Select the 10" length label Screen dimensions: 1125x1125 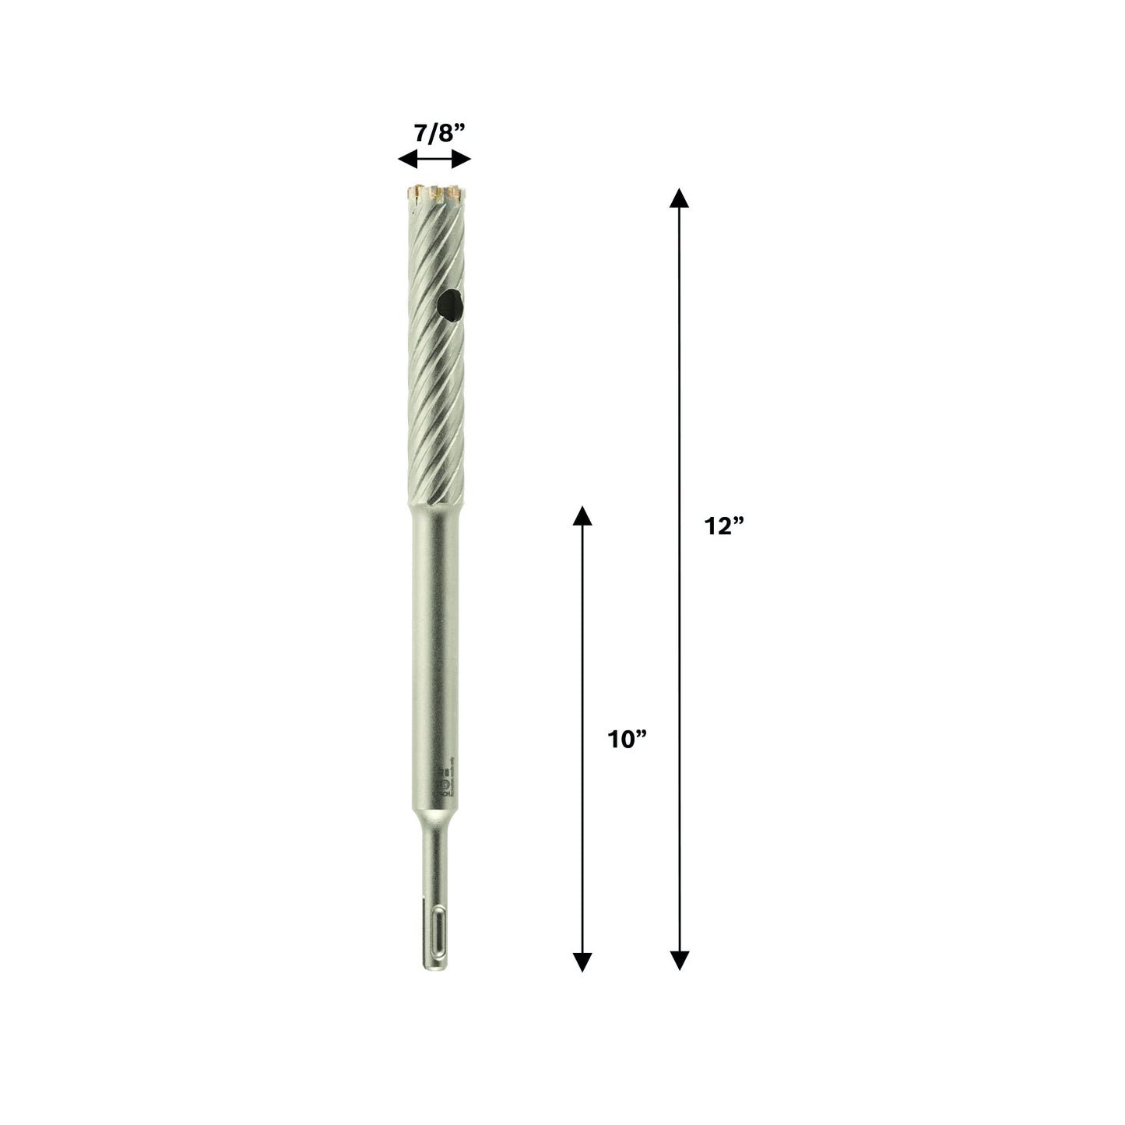pos(628,740)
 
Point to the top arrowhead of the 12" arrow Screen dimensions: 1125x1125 pos(680,197)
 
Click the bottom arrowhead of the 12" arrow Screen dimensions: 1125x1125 pos(680,961)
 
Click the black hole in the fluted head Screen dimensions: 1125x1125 pos(448,301)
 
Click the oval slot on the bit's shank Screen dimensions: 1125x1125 pos(434,932)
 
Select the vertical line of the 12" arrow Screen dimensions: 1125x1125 pos(680,389)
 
